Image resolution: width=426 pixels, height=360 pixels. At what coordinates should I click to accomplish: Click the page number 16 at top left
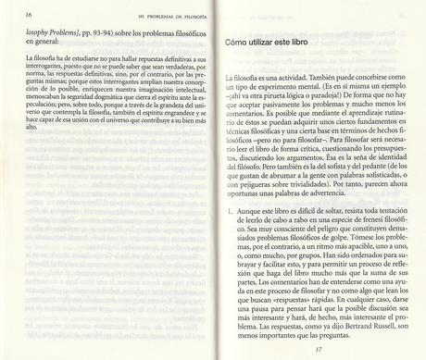pos(11,15)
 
